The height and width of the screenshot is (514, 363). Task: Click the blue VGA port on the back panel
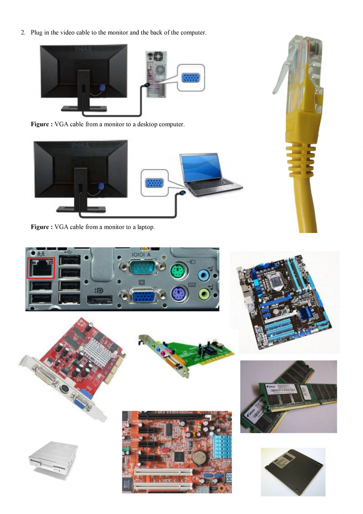(143, 296)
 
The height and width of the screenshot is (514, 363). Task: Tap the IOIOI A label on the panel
(141, 255)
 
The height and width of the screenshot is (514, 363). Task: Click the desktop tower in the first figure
(156, 74)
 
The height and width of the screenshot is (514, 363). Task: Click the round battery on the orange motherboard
(199, 458)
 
